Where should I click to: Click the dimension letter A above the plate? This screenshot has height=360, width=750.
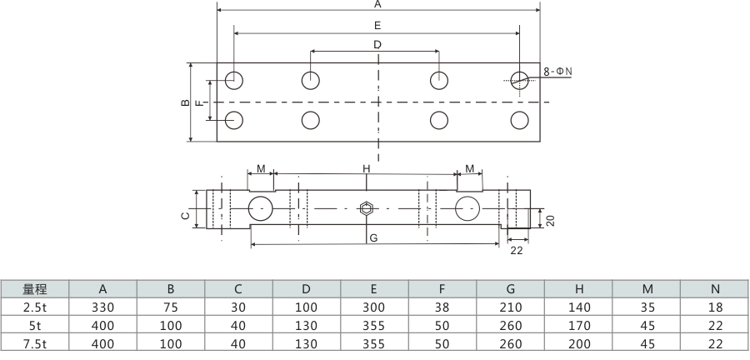tap(377, 4)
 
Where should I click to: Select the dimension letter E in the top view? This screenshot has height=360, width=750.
tap(377, 26)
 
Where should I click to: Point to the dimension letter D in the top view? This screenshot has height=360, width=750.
tap(377, 44)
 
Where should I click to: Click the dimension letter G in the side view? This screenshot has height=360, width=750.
tap(374, 238)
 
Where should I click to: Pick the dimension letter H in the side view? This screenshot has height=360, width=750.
tap(366, 169)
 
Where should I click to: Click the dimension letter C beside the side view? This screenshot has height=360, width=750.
tap(185, 215)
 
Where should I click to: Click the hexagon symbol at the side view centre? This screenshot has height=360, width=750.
tap(365, 208)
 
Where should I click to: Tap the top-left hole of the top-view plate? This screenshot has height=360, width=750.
tap(233, 80)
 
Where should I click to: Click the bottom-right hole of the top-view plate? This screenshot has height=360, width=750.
tap(520, 119)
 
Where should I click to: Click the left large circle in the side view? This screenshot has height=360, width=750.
tap(261, 208)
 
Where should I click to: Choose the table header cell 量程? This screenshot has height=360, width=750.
tap(34, 290)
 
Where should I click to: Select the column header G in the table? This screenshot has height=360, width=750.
tap(510, 290)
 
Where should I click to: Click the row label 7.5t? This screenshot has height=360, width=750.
tap(34, 342)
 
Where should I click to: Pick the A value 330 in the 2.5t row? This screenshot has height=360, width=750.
tap(102, 307)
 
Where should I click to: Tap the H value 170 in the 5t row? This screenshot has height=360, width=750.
tap(578, 325)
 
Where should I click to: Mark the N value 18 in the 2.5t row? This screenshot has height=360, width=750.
tap(714, 307)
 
